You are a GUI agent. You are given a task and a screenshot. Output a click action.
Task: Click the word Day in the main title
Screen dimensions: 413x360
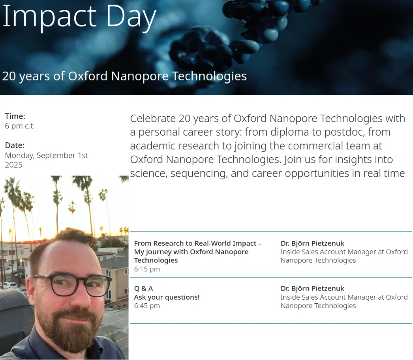(x=131, y=17)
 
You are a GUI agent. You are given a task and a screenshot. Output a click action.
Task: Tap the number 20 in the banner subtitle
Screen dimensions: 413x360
(x=9, y=76)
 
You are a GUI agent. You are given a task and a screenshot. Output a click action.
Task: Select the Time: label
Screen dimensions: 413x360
(x=15, y=116)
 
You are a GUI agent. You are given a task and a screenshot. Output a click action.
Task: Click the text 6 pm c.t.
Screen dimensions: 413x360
(x=20, y=126)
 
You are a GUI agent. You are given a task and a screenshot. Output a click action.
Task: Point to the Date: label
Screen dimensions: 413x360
(x=15, y=145)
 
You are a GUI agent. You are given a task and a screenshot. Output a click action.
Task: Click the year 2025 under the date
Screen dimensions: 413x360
(x=14, y=165)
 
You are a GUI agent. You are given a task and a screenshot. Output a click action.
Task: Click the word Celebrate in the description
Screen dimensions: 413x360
(x=153, y=118)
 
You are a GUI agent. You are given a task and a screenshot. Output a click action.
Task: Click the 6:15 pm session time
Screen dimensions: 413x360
(x=147, y=269)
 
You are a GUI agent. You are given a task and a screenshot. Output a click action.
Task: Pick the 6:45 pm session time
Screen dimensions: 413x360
(x=147, y=306)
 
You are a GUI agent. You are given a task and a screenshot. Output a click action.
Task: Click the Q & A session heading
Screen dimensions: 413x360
(x=144, y=288)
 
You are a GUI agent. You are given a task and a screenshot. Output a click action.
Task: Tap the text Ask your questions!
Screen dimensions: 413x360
(x=167, y=297)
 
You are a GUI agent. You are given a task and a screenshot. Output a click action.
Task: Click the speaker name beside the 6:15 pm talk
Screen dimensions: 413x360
(x=312, y=243)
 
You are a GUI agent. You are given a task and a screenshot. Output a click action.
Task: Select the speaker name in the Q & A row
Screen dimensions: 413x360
(x=312, y=288)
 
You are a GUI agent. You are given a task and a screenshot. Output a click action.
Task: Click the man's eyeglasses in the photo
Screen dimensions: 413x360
(x=71, y=285)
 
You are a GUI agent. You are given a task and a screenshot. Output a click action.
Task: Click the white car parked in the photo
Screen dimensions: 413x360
(x=10, y=285)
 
